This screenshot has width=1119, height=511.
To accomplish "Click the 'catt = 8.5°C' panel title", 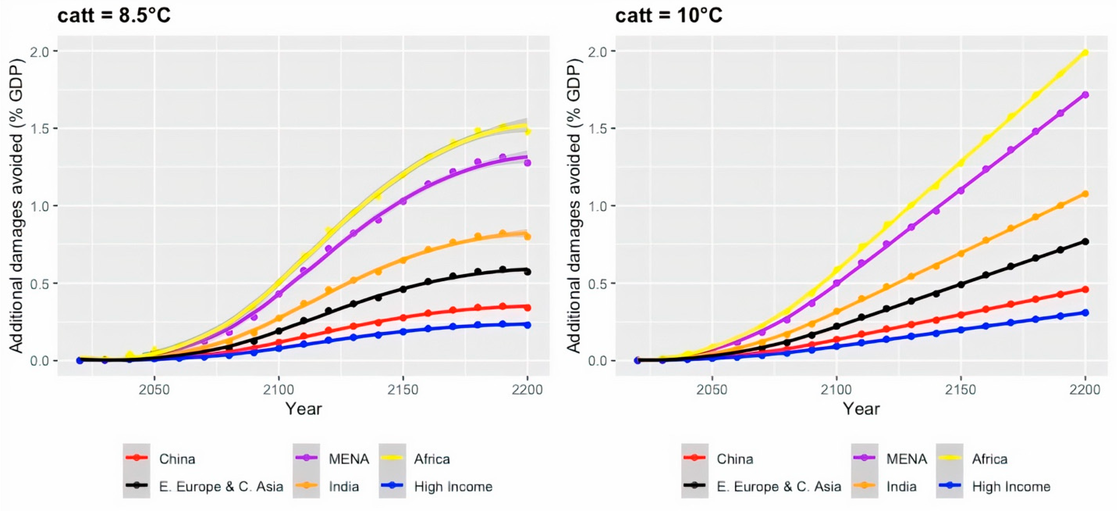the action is tap(114, 16).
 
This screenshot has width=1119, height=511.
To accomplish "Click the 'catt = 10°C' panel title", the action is tap(669, 16).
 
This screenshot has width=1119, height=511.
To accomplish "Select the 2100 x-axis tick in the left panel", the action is tap(278, 389).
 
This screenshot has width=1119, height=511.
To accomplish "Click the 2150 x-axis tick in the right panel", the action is tap(961, 389).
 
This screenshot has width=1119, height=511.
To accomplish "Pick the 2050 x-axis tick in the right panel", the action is tap(712, 389).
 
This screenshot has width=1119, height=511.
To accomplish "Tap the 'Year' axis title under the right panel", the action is tap(861, 409).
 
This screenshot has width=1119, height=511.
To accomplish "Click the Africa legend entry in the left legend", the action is tap(415, 459).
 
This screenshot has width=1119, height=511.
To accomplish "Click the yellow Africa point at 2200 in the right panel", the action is tap(1085, 53).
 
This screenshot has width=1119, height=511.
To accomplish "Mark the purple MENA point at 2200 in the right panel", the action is tap(1085, 95).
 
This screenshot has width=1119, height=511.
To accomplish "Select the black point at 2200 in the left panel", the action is tap(527, 272).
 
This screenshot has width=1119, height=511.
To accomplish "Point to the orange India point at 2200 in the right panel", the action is tap(1085, 194).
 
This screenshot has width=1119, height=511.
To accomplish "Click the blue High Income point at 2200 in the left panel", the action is tap(527, 325).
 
